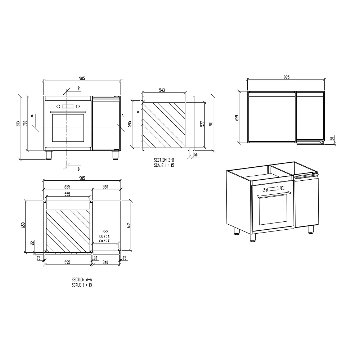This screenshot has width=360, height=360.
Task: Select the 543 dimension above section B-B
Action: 162,90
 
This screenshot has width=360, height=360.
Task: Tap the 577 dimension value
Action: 202,124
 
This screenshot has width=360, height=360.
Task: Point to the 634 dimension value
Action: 129,225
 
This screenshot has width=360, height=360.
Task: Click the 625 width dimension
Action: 67,187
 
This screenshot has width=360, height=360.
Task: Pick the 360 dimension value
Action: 105,187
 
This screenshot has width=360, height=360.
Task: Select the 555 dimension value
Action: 67,194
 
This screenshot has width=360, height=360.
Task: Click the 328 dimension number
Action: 105,231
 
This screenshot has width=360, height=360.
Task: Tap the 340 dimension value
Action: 105,262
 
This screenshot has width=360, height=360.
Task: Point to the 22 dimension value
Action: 32,242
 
